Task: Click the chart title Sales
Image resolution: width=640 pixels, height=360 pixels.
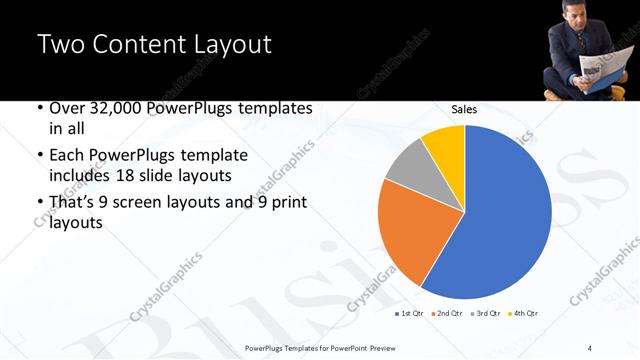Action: [x=464, y=108]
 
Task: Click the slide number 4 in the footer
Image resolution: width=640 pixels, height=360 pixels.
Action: [x=590, y=347]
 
